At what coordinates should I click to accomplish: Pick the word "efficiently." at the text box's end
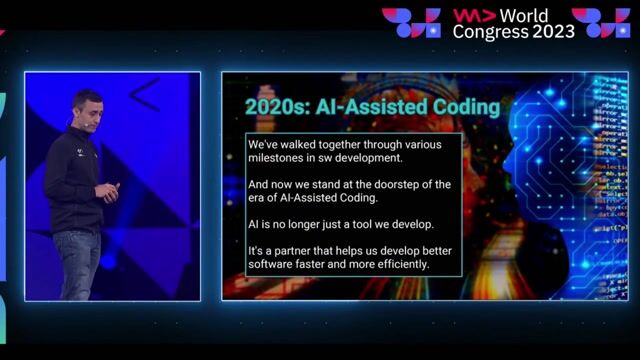[x=396, y=265]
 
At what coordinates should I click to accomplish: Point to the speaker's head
[x=87, y=109]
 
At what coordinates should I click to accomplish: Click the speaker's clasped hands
[x=109, y=189]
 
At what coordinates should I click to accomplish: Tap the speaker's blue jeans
[x=78, y=262]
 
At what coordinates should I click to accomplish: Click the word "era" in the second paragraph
[x=258, y=198]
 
